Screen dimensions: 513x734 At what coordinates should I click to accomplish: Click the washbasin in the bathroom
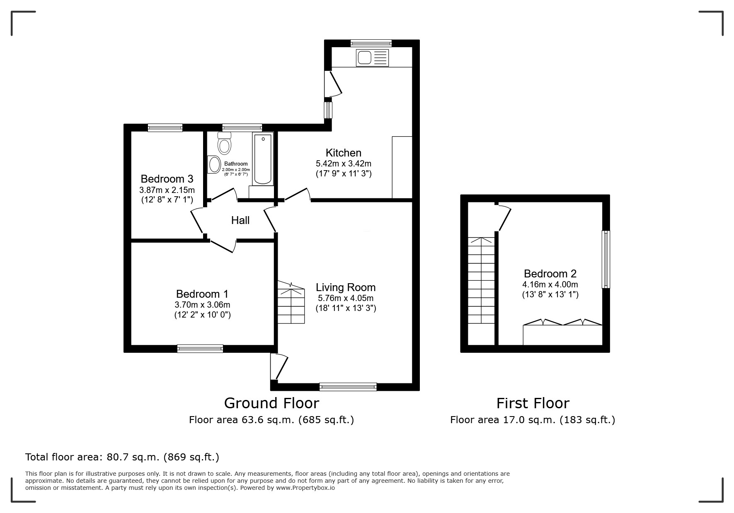point(214,164)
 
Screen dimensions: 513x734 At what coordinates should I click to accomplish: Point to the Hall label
point(240,220)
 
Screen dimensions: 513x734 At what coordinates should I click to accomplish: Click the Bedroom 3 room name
point(167,179)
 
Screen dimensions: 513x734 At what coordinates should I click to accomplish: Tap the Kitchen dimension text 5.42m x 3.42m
point(343,164)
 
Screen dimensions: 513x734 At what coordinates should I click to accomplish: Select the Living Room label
point(345,287)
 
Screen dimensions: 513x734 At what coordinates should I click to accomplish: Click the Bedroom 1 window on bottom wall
point(200,349)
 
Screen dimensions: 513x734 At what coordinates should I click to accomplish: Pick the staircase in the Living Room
point(291,303)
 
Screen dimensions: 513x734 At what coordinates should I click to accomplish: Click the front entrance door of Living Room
point(279,366)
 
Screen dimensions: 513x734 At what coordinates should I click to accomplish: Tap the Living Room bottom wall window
point(348,387)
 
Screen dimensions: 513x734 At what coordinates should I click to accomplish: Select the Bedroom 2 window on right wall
point(606,259)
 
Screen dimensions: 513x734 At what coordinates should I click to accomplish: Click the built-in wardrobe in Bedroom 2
point(562,334)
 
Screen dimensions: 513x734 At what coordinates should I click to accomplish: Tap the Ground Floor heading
point(271,403)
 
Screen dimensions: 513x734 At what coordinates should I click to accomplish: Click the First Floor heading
point(533,403)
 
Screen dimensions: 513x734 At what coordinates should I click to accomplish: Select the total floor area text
point(122,457)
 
